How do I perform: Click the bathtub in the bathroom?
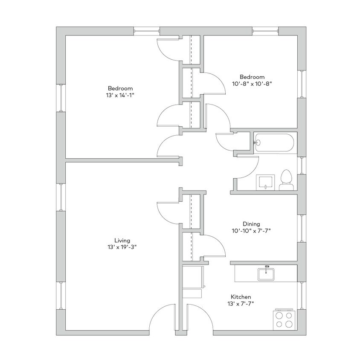click(274, 143)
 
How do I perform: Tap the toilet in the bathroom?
click(286, 180)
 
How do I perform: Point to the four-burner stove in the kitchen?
click(285, 319)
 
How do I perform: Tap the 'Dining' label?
click(251, 224)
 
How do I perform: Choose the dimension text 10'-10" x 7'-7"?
click(251, 231)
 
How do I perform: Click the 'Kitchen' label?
click(241, 297)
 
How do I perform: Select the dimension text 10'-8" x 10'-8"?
click(252, 84)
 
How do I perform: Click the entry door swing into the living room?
click(163, 318)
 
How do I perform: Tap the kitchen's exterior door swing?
click(200, 318)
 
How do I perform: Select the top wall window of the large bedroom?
click(146, 31)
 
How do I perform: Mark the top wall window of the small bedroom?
click(265, 31)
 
